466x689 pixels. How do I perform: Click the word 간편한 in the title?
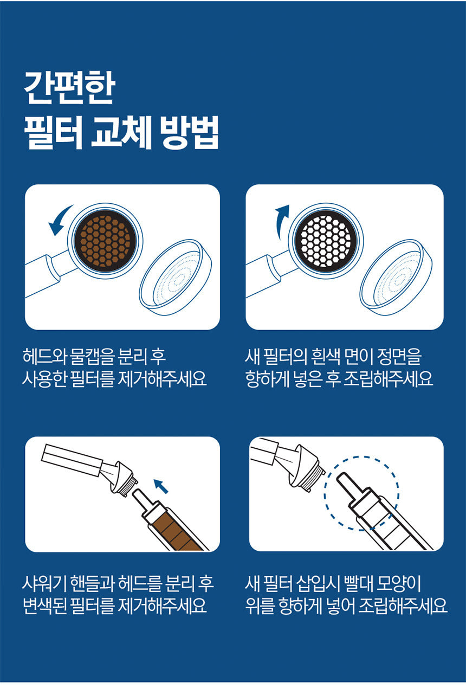click(x=68, y=88)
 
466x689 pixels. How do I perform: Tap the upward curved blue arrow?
click(x=281, y=221)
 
